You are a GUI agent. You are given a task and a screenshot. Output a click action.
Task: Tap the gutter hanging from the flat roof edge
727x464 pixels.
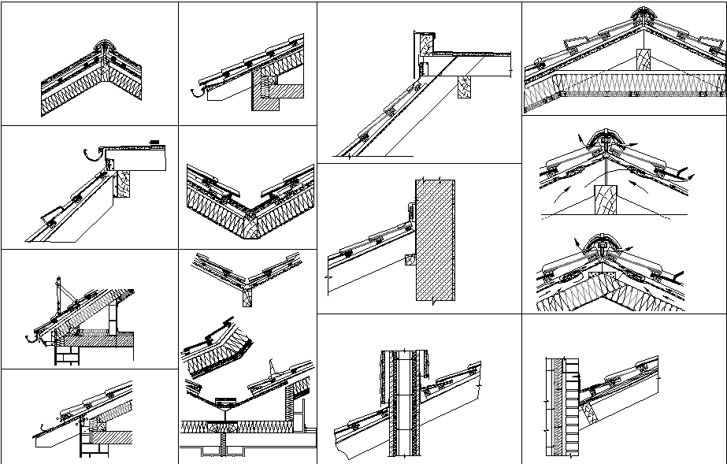(95, 152)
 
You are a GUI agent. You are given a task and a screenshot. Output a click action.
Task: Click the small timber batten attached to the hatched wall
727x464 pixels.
(410, 259)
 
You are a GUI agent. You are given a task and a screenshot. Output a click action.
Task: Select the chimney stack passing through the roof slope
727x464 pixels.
(405, 402)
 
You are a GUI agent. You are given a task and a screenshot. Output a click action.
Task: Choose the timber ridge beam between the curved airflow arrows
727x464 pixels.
(604, 200)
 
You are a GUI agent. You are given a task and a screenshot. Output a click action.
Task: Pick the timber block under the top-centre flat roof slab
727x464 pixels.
(463, 87)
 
